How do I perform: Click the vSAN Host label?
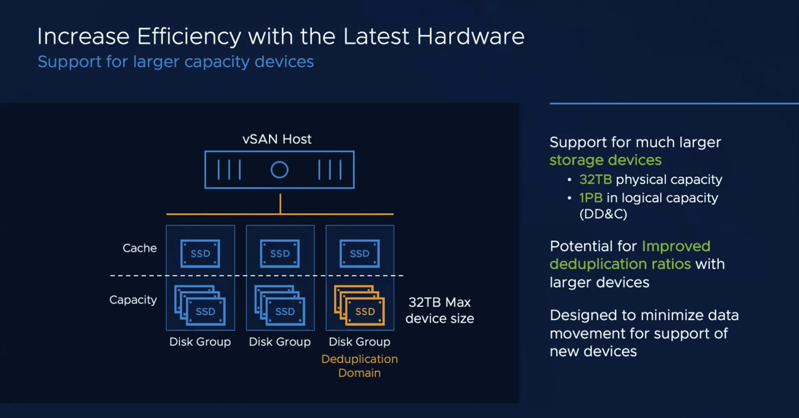(277, 139)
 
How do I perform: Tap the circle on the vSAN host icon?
(279, 170)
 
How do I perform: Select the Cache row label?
(140, 248)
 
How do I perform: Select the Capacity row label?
(133, 300)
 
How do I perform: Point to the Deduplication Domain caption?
(360, 366)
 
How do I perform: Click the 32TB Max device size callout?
(439, 310)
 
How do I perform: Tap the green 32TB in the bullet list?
(596, 180)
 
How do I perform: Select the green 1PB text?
(591, 198)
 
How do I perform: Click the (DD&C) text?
(603, 214)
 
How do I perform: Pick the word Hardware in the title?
(470, 36)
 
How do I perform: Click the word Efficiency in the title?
(189, 36)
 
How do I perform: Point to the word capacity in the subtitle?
(217, 62)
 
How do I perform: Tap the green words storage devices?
(605, 160)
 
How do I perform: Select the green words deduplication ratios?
(620, 264)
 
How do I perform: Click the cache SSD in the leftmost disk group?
(200, 254)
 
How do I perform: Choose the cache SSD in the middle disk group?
(280, 254)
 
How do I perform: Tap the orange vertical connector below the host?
(280, 204)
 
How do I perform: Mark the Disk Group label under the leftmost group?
(200, 342)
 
